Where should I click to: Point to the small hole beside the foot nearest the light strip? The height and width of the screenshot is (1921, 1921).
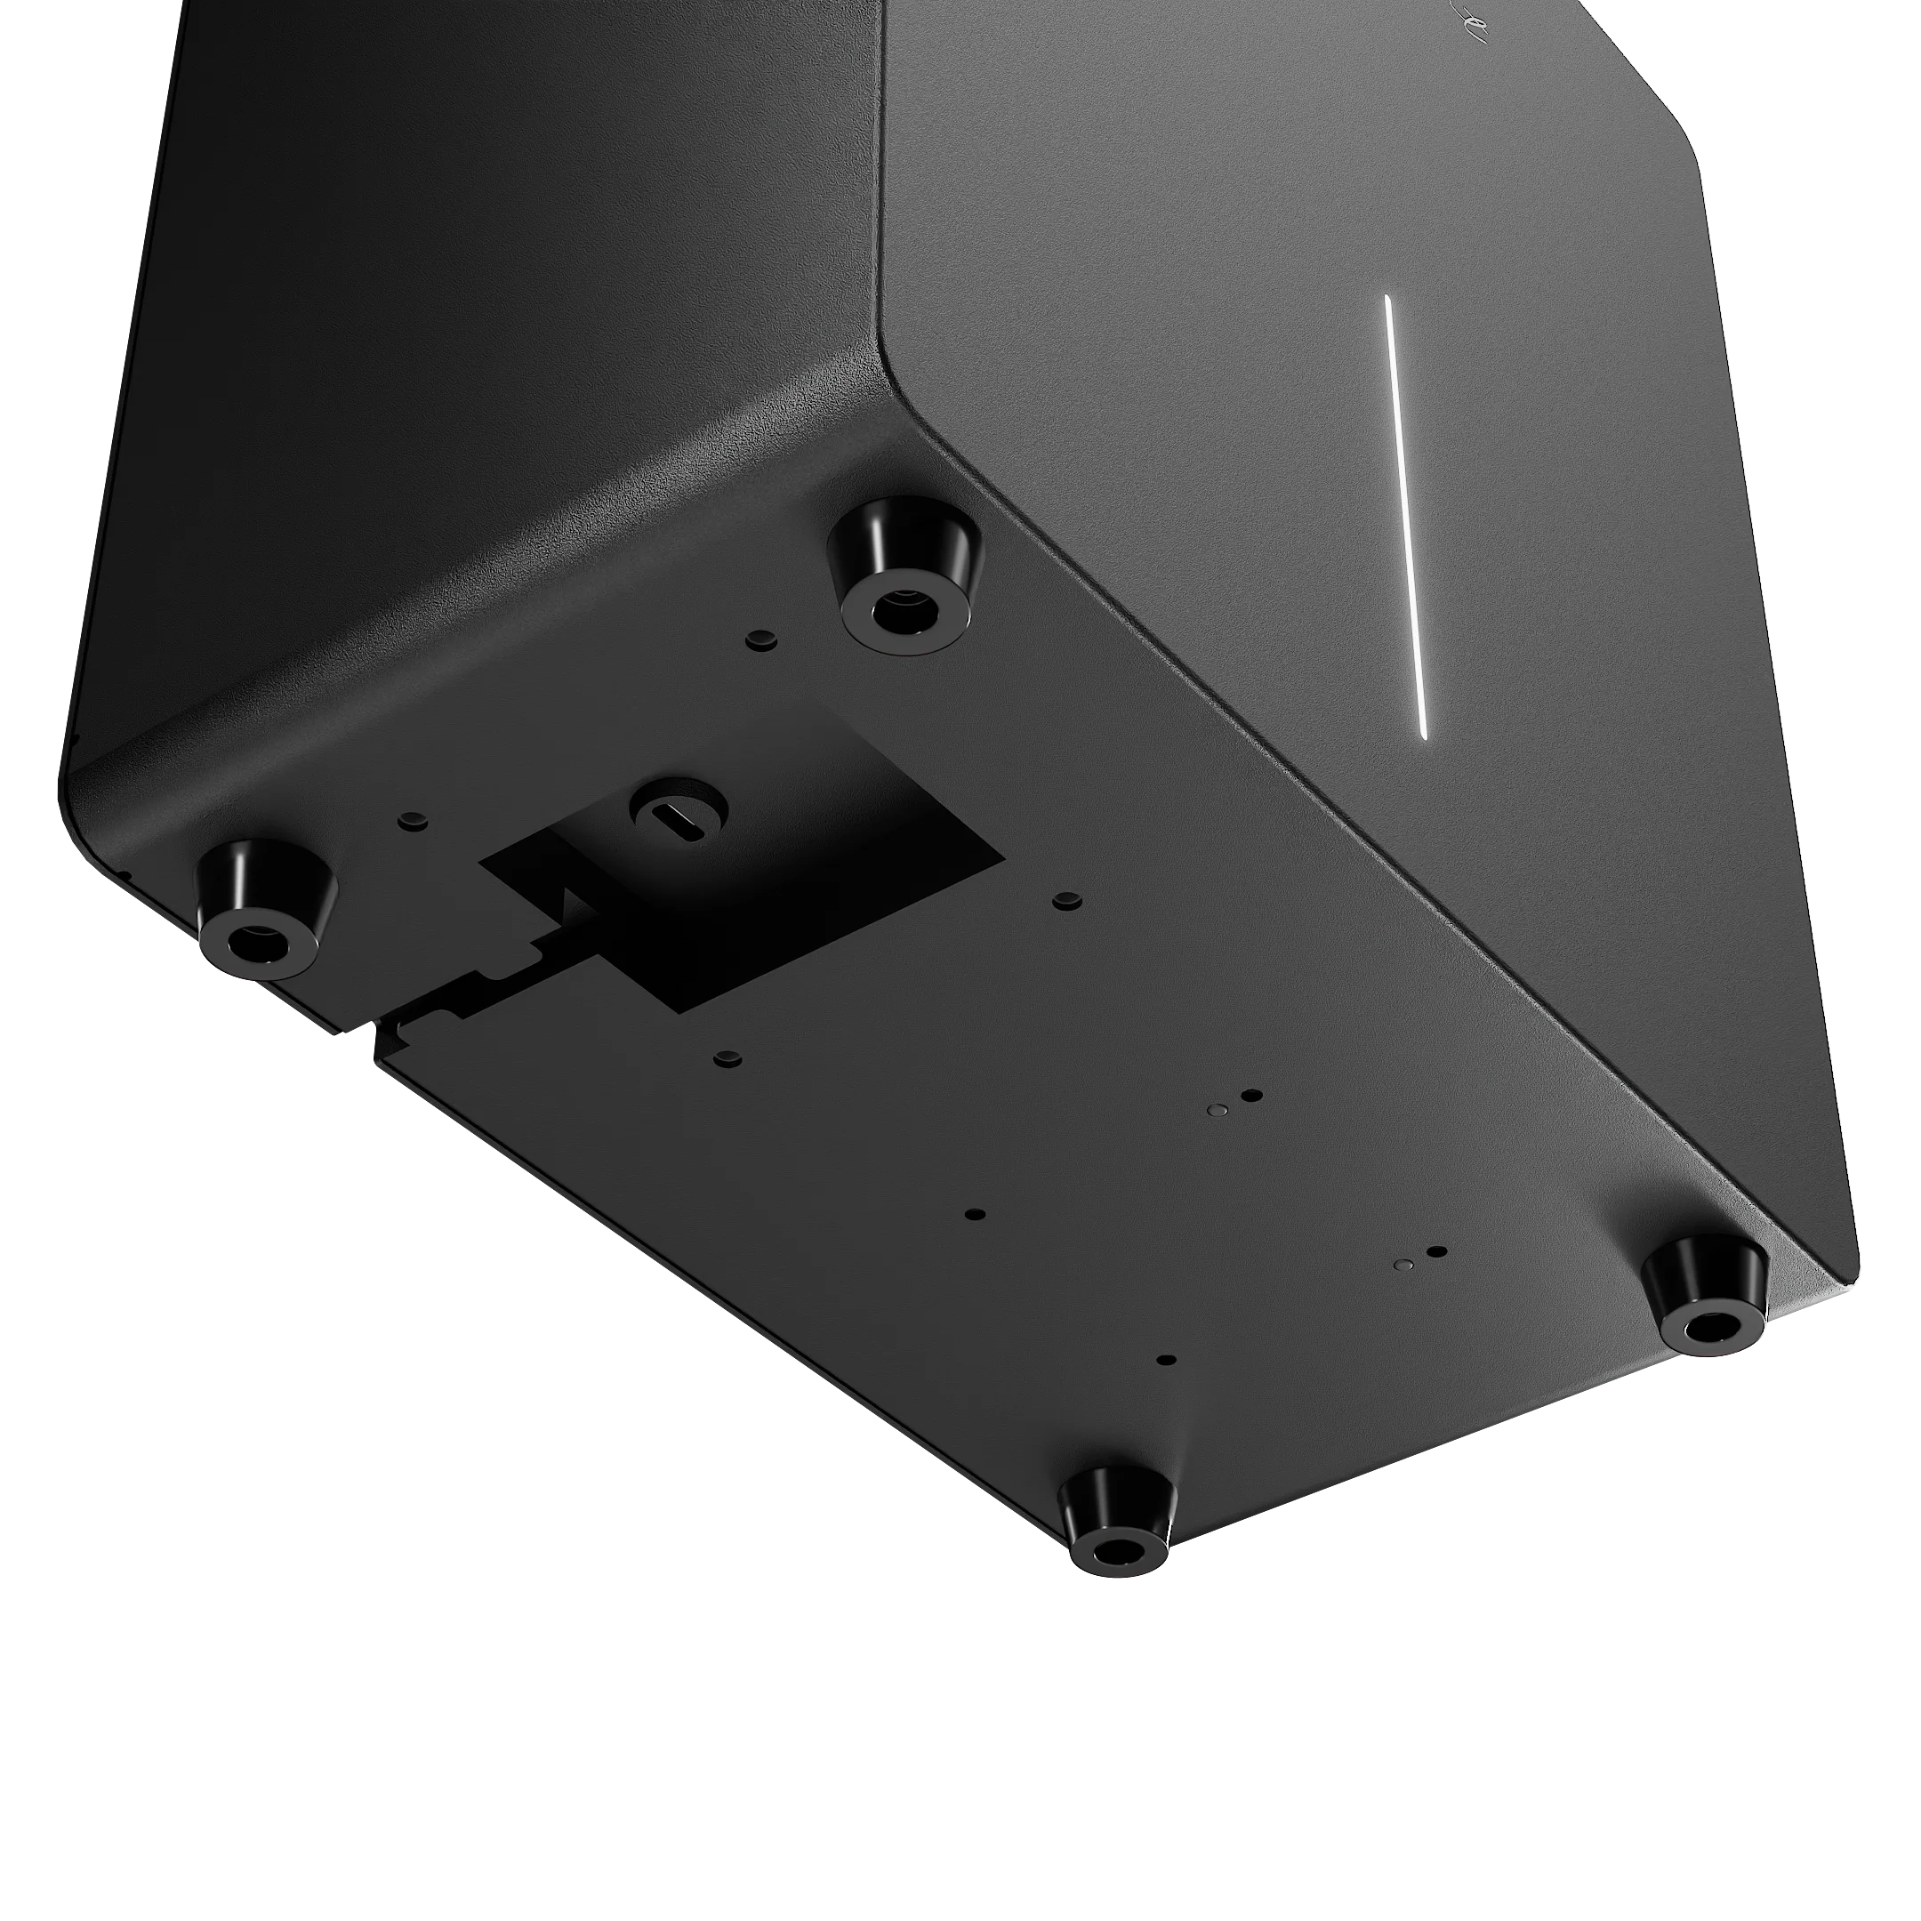pos(760,638)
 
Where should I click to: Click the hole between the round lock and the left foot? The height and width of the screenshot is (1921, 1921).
pos(411,820)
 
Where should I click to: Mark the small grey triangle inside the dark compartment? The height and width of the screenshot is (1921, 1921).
pos(569,904)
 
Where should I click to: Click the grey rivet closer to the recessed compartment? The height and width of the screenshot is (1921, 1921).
pos(1215,1106)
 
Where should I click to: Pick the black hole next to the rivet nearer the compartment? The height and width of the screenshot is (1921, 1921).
pos(1253,1096)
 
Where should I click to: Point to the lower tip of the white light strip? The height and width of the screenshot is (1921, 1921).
pos(1425,734)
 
